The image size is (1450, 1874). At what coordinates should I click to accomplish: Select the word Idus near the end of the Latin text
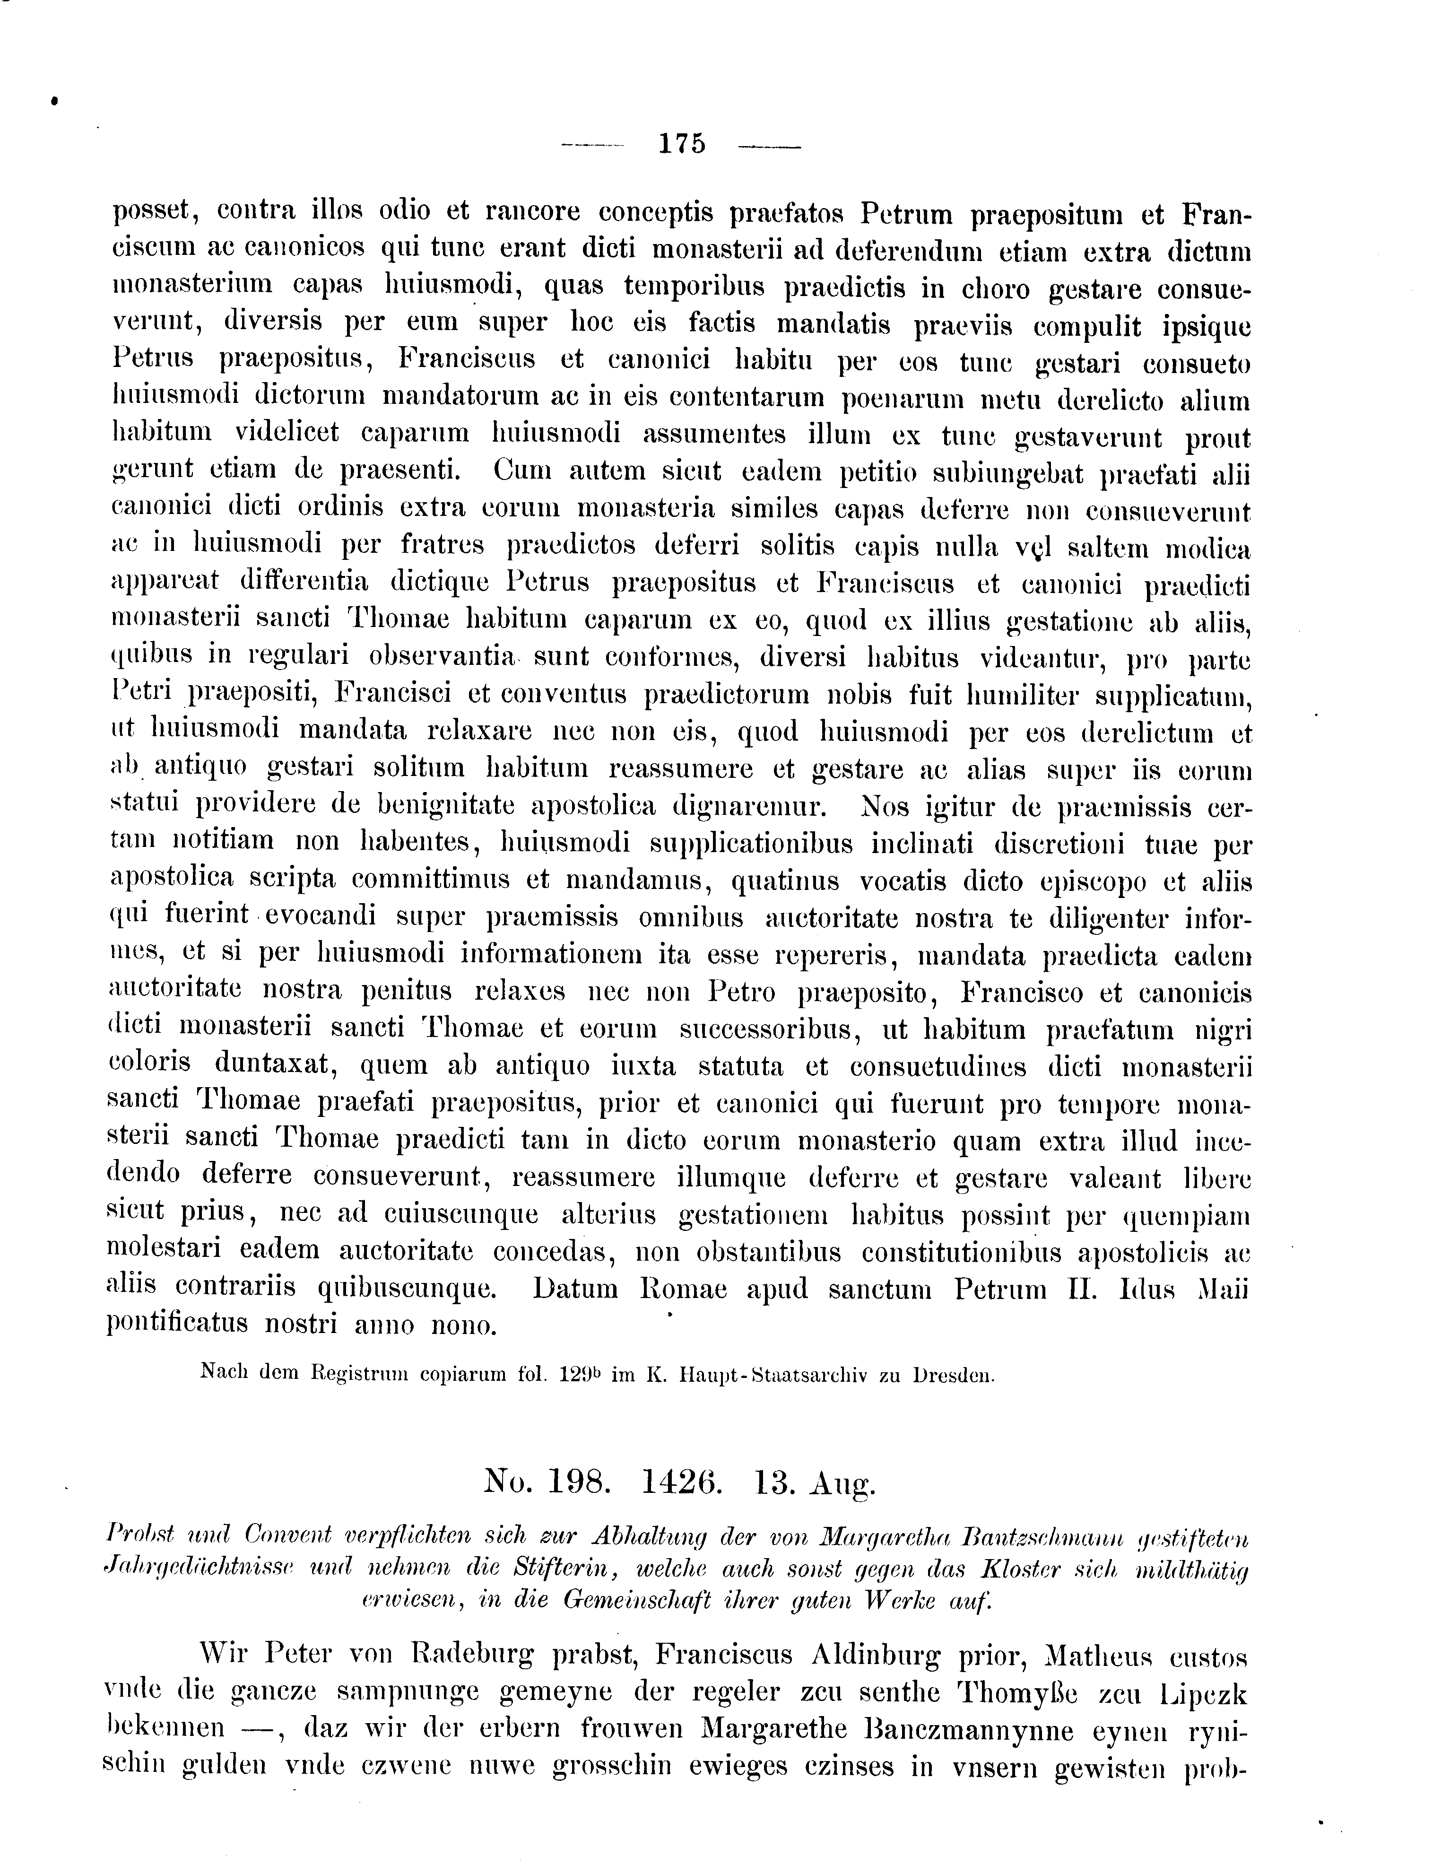click(x=1147, y=1289)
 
